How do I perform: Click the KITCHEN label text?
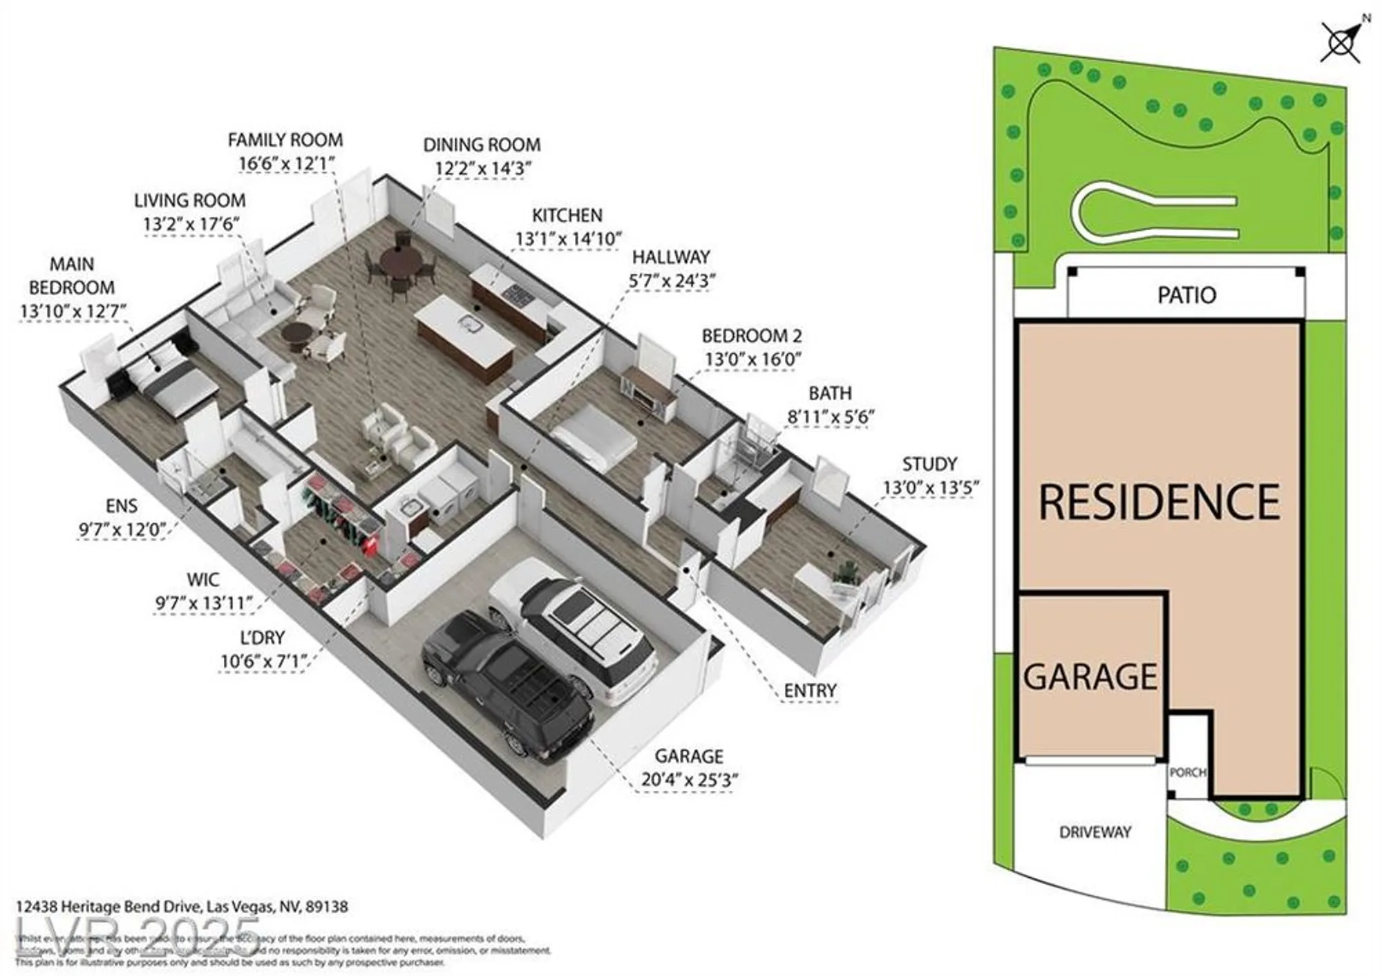click(567, 216)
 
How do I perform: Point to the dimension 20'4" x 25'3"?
click(689, 780)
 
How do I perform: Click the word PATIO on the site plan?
click(1186, 296)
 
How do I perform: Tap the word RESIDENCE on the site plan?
click(1159, 503)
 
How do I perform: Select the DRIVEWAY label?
click(1095, 832)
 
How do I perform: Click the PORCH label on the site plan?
click(1187, 772)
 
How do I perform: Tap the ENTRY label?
click(810, 691)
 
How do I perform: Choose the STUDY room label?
click(929, 464)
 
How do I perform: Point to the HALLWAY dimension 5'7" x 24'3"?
click(672, 281)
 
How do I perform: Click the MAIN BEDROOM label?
click(72, 276)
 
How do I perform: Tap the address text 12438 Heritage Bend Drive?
click(182, 906)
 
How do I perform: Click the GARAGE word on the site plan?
click(1090, 677)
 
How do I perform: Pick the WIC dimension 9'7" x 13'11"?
click(204, 603)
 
